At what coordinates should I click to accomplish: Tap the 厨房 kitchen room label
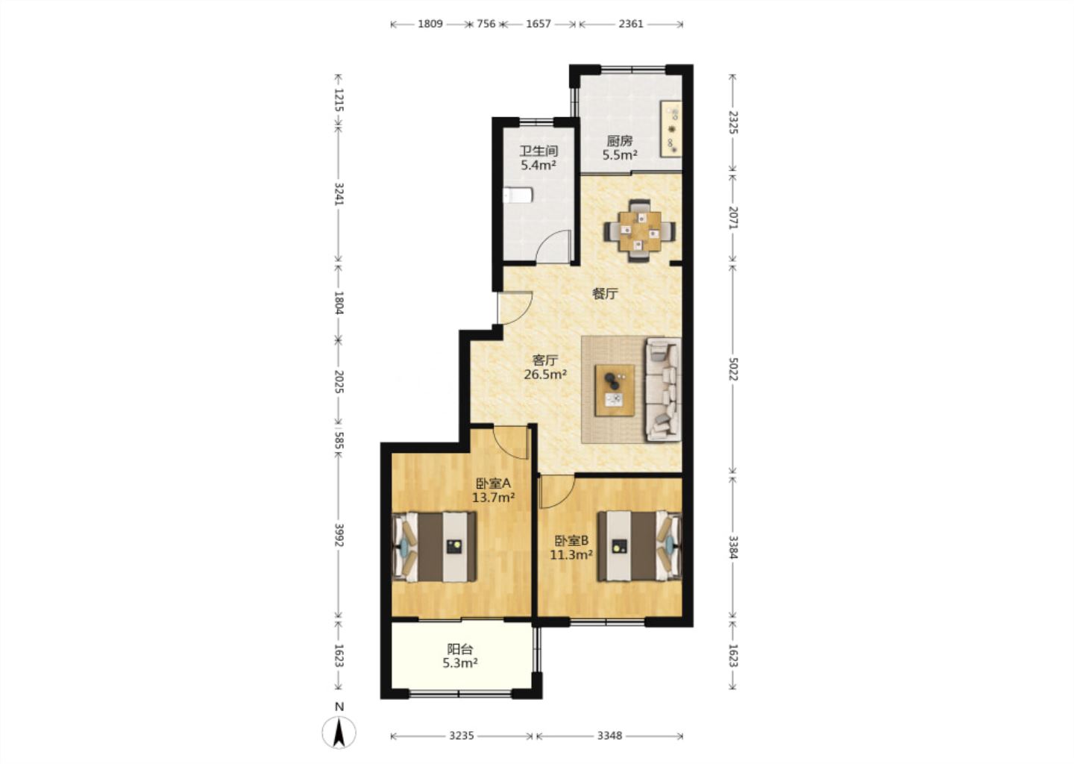[620, 141]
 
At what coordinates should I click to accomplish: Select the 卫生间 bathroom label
[538, 151]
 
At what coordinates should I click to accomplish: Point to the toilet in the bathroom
[518, 195]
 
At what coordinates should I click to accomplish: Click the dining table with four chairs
[640, 231]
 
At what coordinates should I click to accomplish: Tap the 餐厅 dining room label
[605, 293]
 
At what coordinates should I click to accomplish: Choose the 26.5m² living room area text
[545, 375]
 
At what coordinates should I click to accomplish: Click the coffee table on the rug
[615, 390]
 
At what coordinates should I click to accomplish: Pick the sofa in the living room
[664, 389]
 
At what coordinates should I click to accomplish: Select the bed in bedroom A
[434, 547]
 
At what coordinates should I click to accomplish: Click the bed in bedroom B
[640, 547]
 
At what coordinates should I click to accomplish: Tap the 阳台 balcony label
[459, 649]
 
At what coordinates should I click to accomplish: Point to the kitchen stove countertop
[671, 128]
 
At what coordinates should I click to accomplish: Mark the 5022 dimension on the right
[732, 369]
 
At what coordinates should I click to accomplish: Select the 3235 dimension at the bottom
[461, 735]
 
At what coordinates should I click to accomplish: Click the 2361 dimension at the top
[630, 23]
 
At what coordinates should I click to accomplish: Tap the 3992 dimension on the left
[339, 535]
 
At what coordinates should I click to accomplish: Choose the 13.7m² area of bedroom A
[494, 498]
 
